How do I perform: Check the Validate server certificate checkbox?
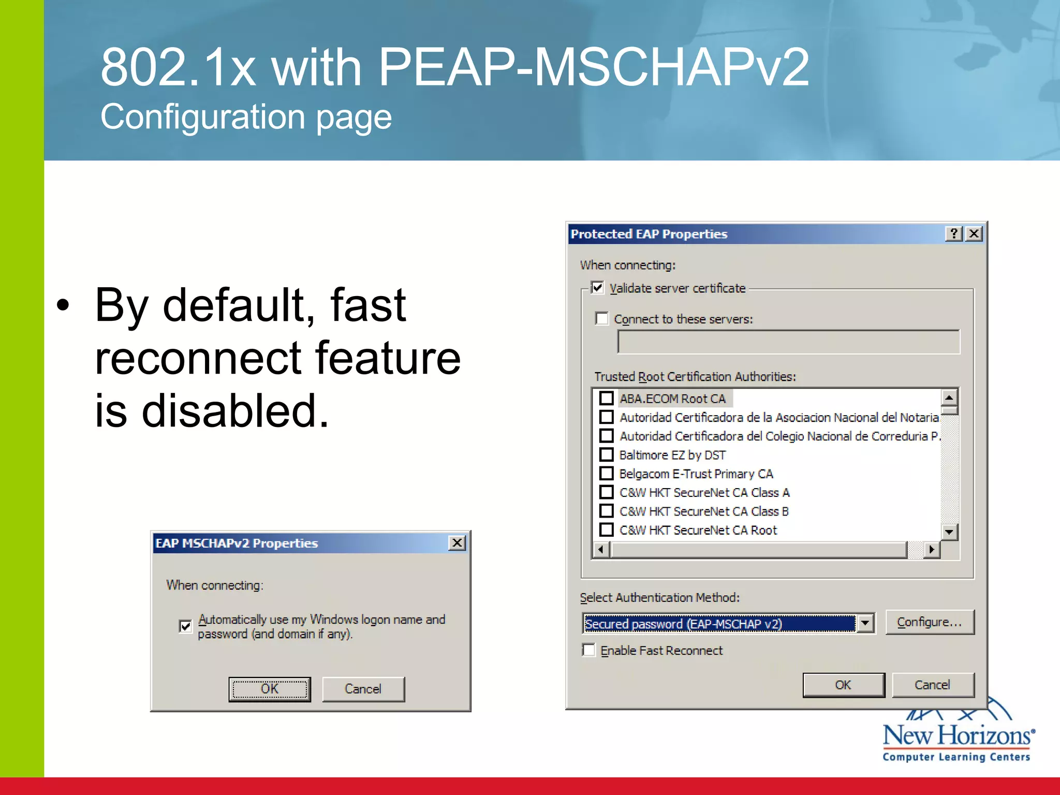click(597, 288)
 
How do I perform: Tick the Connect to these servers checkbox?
click(602, 318)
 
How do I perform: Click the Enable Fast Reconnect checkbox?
click(589, 650)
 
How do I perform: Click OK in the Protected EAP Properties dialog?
click(843, 685)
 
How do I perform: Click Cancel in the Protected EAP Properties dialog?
click(932, 685)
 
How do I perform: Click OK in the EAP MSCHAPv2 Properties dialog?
click(270, 689)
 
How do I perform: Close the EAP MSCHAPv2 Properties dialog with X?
click(457, 543)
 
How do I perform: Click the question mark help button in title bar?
click(954, 234)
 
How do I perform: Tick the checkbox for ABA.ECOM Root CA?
click(606, 399)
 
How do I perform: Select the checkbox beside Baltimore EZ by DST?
click(606, 455)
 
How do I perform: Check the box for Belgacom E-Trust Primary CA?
click(606, 474)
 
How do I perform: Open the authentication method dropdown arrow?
click(865, 623)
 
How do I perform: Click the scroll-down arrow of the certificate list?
click(949, 532)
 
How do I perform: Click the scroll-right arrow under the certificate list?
click(932, 550)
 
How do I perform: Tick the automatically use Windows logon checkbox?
click(185, 626)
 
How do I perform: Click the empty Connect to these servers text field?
click(788, 342)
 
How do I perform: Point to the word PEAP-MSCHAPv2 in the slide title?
click(593, 67)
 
